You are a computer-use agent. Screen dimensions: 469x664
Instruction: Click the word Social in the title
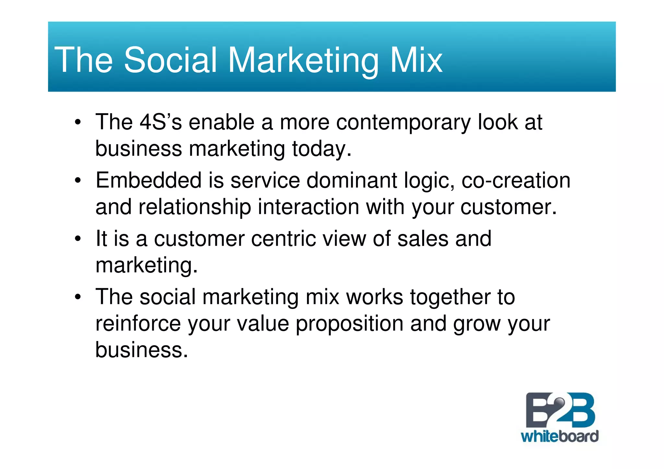click(170, 60)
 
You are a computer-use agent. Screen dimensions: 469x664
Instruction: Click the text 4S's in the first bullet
click(160, 122)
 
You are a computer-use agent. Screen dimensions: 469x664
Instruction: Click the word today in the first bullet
click(321, 149)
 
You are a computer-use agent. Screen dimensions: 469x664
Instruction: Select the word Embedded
click(148, 180)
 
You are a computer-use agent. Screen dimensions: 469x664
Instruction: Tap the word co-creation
click(516, 181)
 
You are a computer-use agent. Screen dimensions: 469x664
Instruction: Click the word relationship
click(195, 207)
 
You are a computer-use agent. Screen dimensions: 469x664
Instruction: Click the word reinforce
click(138, 323)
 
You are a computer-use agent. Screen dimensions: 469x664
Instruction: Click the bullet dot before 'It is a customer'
click(77, 239)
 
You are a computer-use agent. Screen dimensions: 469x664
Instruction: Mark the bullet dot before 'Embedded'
click(77, 181)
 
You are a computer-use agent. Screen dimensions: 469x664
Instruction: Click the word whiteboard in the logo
click(560, 437)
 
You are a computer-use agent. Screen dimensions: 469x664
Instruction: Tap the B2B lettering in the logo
click(560, 410)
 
